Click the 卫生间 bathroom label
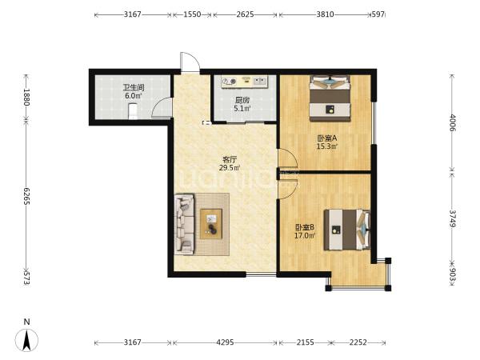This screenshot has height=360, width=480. (x=134, y=87)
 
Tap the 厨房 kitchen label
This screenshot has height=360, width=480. (x=242, y=100)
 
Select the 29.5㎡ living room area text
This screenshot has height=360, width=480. (x=230, y=168)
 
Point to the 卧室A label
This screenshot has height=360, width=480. (x=327, y=138)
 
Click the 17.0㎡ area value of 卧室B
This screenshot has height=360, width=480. (x=305, y=236)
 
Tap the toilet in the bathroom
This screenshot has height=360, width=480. (x=133, y=111)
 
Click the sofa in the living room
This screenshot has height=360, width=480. (x=184, y=224)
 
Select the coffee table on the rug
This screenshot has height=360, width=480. (x=211, y=224)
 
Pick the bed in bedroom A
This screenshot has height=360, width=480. (x=330, y=98)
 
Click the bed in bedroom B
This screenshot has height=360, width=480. (x=347, y=230)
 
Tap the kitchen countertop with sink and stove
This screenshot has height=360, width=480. (x=244, y=82)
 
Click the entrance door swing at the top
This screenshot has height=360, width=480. (x=190, y=62)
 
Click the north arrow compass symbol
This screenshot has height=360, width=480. (x=27, y=339)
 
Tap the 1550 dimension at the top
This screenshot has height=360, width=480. (x=192, y=14)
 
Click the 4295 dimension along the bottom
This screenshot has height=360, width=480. (x=225, y=342)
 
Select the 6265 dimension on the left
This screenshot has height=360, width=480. (x=26, y=196)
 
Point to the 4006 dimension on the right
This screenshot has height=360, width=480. (x=453, y=122)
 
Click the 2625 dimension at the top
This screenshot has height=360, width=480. (x=245, y=14)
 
